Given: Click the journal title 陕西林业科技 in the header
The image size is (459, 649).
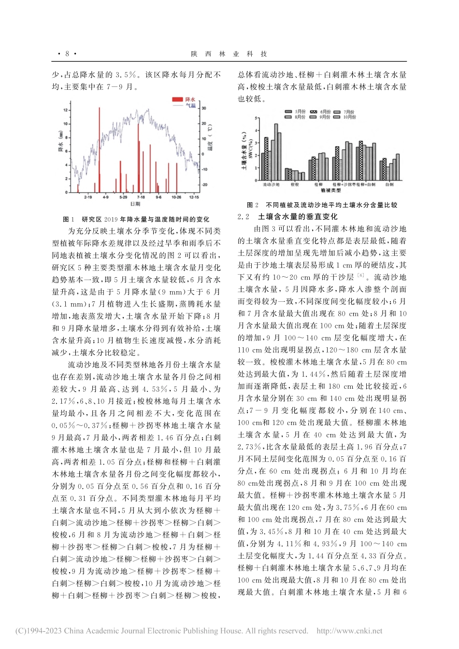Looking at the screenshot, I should click(x=229, y=54).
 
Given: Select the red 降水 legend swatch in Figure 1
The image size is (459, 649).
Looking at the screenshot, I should click(x=178, y=99).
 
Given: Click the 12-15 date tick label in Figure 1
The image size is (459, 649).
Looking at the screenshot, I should click(x=194, y=197).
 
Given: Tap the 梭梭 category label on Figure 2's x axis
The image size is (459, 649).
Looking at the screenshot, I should click(x=295, y=184).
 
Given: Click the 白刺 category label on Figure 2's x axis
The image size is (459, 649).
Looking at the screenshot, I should click(x=389, y=184).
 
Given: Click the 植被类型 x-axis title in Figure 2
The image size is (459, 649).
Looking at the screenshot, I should click(x=329, y=191).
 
